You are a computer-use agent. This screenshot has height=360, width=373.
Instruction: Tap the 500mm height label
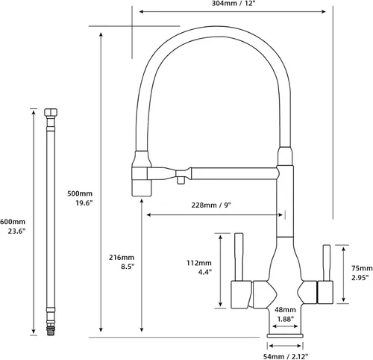point(80,193)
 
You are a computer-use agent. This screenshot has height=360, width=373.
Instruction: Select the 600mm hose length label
point(13,222)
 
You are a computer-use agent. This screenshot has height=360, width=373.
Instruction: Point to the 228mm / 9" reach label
point(211,205)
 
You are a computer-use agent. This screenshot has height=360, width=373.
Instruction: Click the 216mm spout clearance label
point(122,258)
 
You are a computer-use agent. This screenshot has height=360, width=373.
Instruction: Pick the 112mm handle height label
point(199,263)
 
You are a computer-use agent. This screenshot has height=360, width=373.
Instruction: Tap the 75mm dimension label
point(362,268)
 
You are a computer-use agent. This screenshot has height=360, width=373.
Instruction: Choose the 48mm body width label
point(285,310)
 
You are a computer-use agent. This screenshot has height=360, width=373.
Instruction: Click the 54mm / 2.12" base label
point(286,356)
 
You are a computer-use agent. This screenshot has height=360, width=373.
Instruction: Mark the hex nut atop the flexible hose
point(51,112)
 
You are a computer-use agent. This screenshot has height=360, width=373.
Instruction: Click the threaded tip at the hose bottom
point(51,331)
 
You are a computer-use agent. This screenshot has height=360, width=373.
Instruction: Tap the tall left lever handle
point(239,257)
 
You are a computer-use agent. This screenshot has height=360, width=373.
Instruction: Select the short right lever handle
point(327,263)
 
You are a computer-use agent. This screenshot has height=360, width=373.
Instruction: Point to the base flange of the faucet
point(285,335)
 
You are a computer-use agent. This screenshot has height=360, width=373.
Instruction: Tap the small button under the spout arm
point(181,180)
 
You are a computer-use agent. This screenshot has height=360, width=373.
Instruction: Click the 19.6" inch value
point(84,203)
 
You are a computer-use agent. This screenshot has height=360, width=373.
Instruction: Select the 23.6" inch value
point(16,232)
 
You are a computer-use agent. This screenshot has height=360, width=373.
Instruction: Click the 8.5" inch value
point(128,267)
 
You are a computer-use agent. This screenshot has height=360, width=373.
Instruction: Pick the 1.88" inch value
point(286,319)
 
